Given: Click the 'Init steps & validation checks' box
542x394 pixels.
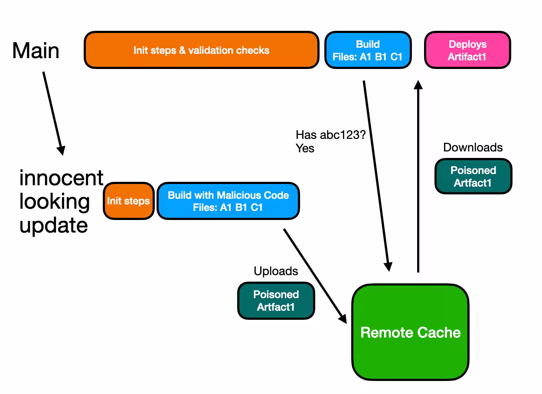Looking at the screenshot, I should [201, 50].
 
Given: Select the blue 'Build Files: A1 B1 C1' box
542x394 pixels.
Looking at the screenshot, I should [368, 50].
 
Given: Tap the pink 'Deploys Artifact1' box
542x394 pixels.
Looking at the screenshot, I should [467, 50].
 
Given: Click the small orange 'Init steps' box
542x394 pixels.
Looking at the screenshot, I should [128, 201].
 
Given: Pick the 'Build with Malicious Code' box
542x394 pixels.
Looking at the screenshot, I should [228, 201].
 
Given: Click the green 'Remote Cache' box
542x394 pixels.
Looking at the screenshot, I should [410, 332].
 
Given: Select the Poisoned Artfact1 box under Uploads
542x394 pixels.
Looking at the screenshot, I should [276, 300].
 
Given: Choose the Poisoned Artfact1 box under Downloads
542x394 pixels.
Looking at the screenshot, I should [473, 176].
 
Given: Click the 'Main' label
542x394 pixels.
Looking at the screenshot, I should [36, 51].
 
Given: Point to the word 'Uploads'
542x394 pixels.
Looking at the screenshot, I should [276, 271].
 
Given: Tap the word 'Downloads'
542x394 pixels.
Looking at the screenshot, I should [473, 148].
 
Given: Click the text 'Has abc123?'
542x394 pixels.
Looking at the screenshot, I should [330, 135].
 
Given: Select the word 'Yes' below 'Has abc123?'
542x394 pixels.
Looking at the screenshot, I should [305, 148].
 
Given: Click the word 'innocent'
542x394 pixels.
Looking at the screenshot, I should [61, 178].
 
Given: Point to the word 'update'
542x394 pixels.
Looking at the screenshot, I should [53, 226].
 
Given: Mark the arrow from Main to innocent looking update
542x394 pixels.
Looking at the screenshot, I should [53, 113].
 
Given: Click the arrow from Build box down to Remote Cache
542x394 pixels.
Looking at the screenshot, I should [376, 174].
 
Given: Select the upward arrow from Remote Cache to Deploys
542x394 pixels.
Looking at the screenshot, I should [418, 174].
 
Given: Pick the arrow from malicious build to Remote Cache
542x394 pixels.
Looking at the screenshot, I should [315, 275].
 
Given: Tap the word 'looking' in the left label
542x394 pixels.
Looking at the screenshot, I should [54, 202].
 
